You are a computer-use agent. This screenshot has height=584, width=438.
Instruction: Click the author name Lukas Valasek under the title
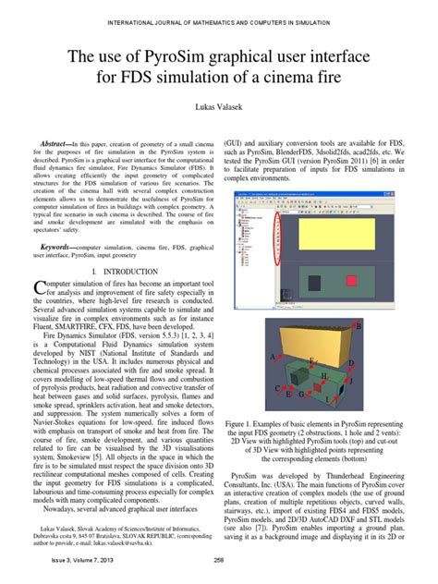point(218,108)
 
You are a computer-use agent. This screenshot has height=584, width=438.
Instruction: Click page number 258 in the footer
point(218,560)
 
